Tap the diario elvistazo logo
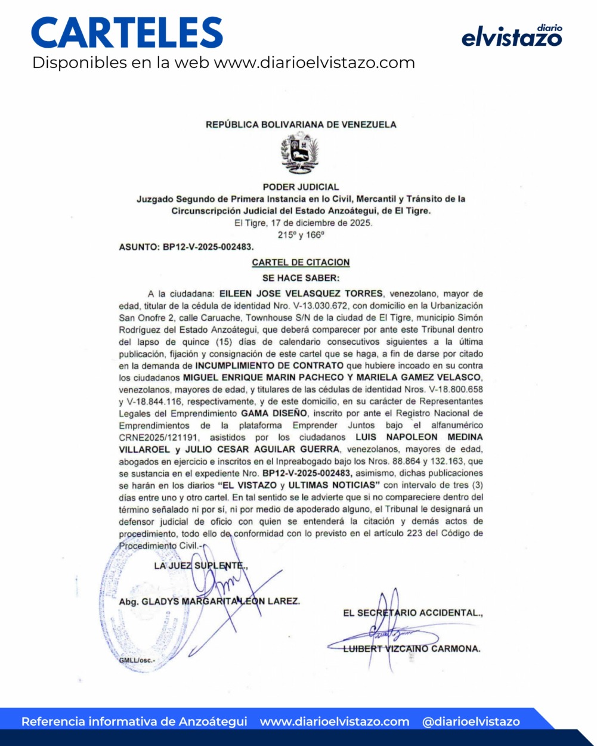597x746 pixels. [x=512, y=36]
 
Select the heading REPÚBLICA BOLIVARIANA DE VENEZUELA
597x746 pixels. [x=301, y=125]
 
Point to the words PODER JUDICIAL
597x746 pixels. [x=301, y=187]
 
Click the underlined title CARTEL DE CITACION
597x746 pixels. [x=301, y=262]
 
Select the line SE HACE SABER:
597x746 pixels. [x=301, y=277]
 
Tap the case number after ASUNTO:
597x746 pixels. [x=208, y=246]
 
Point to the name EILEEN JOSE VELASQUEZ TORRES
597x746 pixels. [x=301, y=294]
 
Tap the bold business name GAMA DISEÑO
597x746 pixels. [x=274, y=413]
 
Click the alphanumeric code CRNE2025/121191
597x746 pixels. [x=157, y=437]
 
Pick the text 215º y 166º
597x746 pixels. [x=301, y=235]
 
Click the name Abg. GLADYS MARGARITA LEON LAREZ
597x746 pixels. [x=209, y=601]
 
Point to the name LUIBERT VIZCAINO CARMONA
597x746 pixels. [x=412, y=649]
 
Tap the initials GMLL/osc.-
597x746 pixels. [x=137, y=661]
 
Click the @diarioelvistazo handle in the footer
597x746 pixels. [x=471, y=722]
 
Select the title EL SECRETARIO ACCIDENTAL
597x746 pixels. [x=413, y=613]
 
